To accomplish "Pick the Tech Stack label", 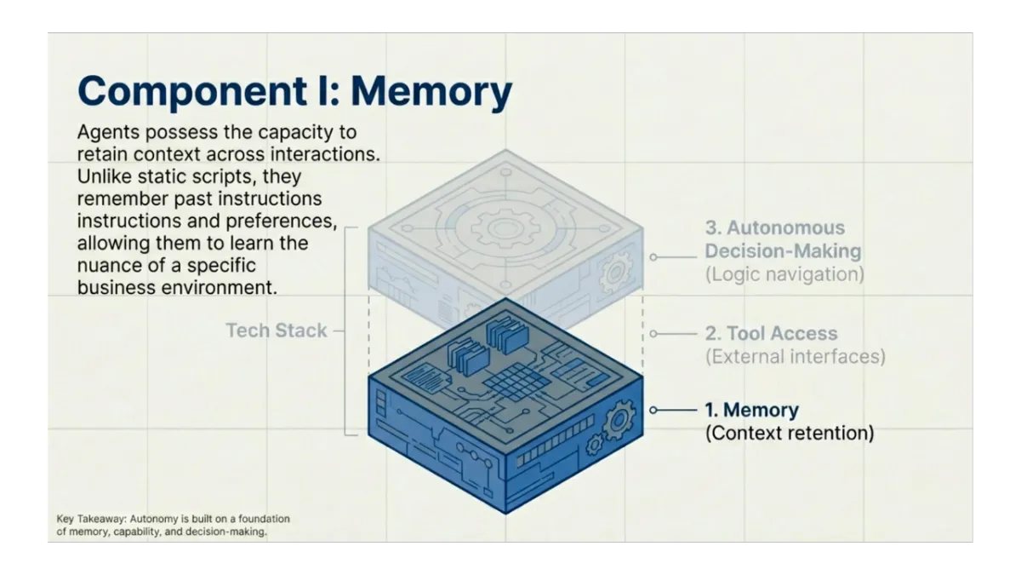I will tap(277, 331).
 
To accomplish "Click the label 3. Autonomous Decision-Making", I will tap(783, 239).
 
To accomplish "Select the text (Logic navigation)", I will tap(784, 274).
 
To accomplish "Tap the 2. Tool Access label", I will tap(771, 334).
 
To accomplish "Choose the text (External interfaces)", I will tap(795, 356).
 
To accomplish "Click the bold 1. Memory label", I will tap(752, 410).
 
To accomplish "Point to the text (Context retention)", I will tap(789, 433).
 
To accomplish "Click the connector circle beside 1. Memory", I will tap(653, 410).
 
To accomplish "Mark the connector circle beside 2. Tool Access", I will tap(653, 334).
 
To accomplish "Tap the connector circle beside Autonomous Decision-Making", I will tap(653, 256).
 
